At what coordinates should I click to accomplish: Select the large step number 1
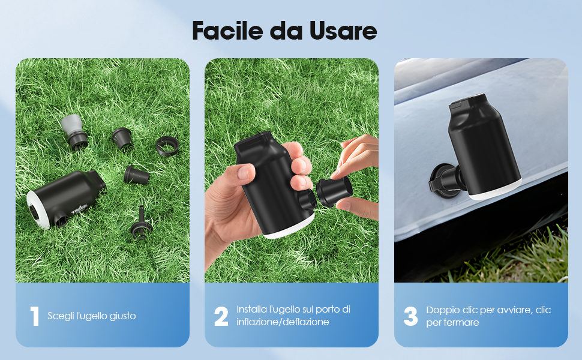click(34, 316)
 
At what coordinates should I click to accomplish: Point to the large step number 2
click(221, 316)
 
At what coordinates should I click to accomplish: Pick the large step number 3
click(410, 316)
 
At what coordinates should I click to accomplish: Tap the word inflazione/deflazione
click(283, 322)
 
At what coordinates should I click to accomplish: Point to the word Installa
click(251, 310)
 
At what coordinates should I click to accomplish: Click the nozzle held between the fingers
click(330, 191)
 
